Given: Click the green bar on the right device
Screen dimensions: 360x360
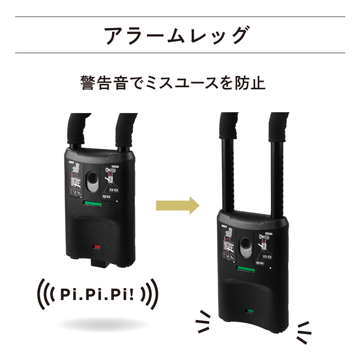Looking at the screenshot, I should point(246,270).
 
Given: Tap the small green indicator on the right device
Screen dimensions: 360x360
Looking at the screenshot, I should point(248,311).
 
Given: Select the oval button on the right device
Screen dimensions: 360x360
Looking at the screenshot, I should point(245,247).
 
